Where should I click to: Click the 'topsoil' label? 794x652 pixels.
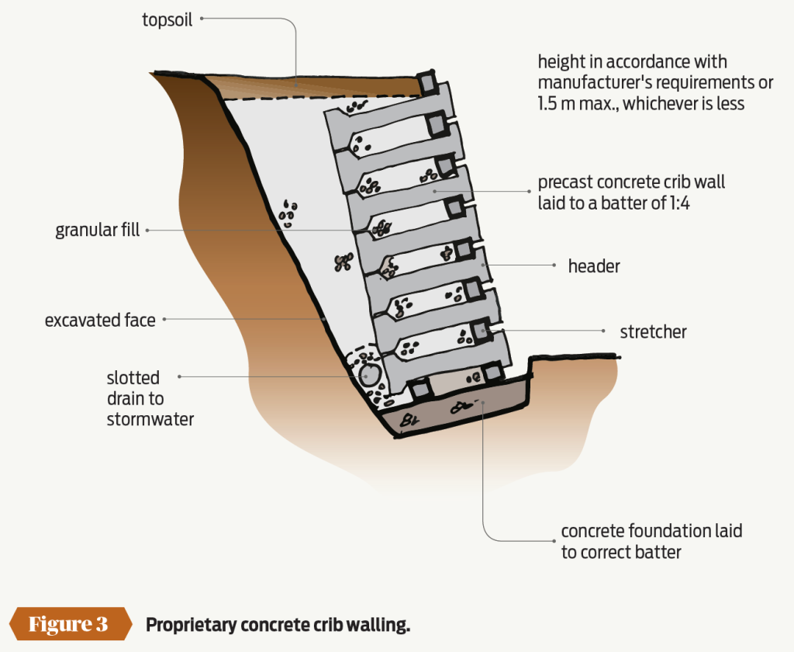(x=167, y=20)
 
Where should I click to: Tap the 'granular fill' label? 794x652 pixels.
(x=98, y=231)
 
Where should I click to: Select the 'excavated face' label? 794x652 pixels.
(x=100, y=320)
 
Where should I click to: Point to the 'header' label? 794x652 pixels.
(x=594, y=266)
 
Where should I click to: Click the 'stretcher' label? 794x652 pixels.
(x=653, y=332)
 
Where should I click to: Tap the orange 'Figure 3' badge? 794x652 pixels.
(x=68, y=624)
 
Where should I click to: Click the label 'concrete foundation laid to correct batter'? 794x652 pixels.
(x=651, y=542)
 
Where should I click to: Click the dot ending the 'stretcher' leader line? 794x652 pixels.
(x=603, y=331)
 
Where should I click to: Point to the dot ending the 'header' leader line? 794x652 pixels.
(x=554, y=265)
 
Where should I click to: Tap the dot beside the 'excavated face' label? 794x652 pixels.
(x=164, y=319)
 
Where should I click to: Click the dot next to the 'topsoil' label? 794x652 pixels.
(x=202, y=20)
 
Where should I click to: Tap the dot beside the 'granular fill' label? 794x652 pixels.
(x=148, y=231)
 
